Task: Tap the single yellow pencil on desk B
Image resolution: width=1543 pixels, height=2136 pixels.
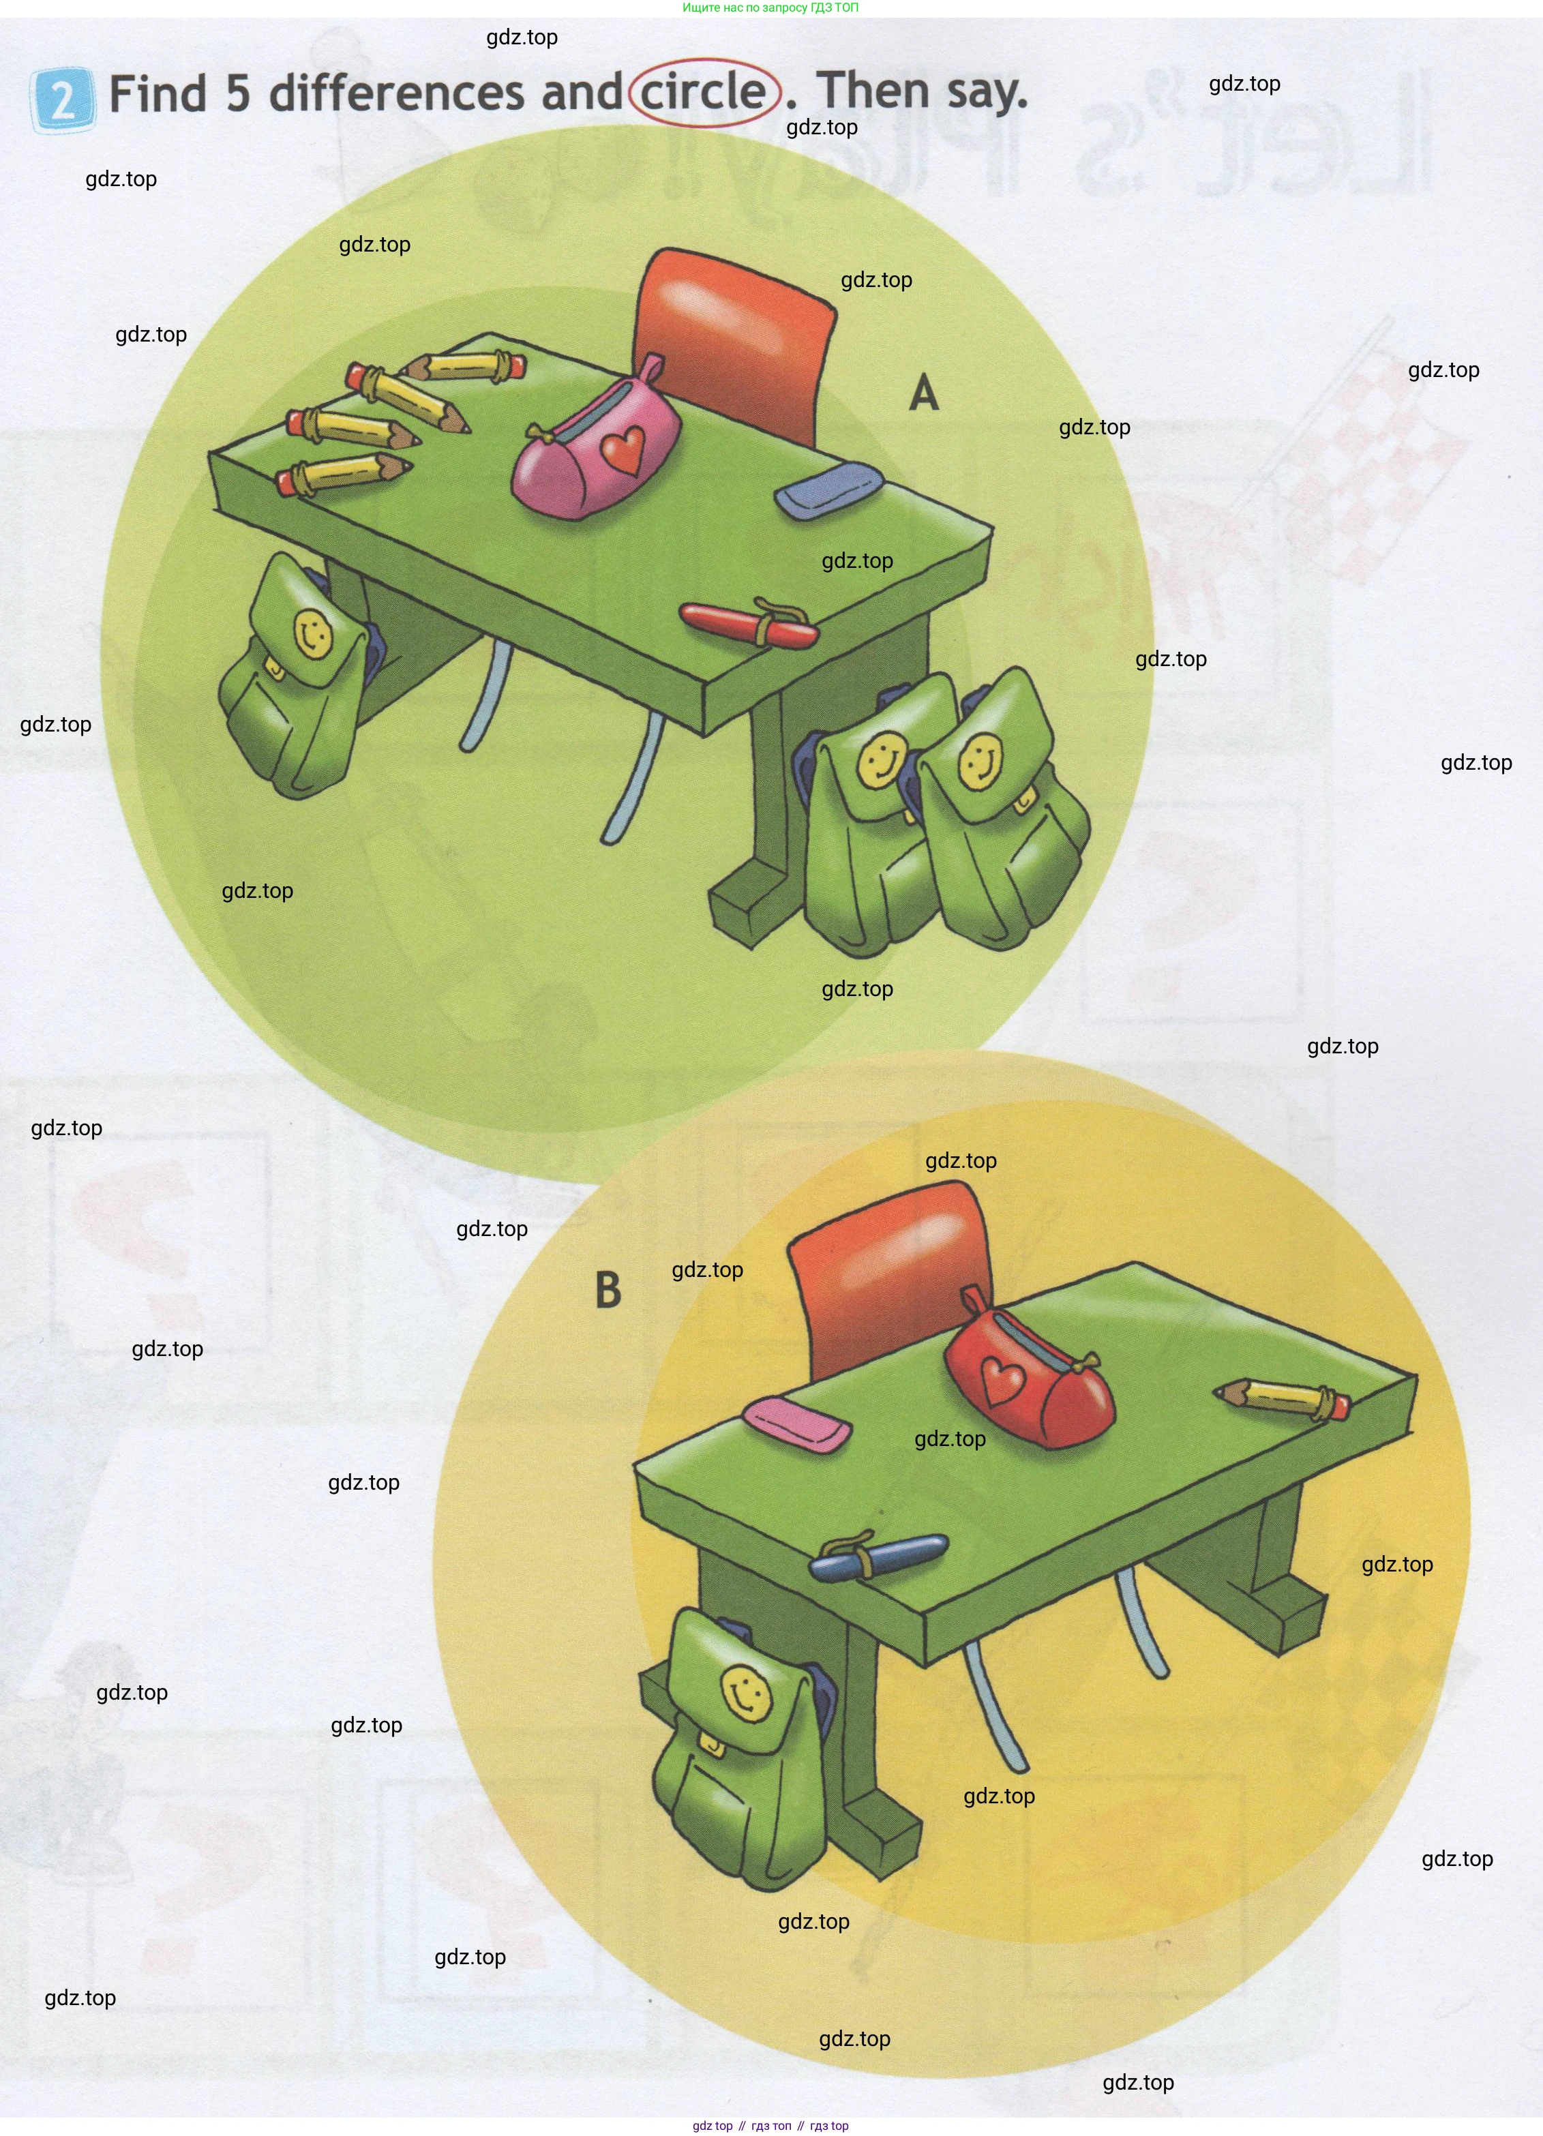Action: point(1282,1398)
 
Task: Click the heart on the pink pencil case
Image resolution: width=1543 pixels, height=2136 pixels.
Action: point(624,450)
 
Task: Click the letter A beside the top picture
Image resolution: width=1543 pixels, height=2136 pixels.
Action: point(924,392)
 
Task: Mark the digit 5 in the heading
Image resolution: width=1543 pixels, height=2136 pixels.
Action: point(237,94)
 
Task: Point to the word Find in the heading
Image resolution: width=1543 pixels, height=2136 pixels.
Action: point(158,94)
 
